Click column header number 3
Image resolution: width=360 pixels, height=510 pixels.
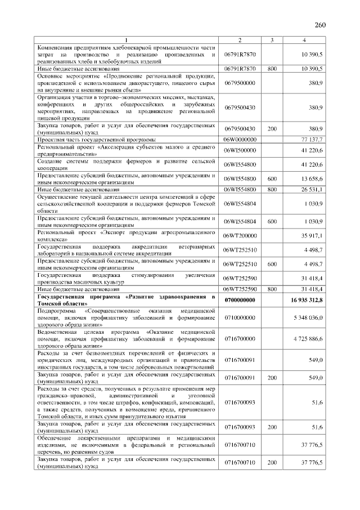(x=272, y=41)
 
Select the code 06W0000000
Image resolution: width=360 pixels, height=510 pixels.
(x=240, y=138)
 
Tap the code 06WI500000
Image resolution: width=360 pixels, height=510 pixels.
(x=240, y=150)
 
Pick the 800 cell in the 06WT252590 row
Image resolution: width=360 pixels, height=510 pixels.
(x=272, y=289)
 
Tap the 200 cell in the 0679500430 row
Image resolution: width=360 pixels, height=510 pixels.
(x=272, y=128)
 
